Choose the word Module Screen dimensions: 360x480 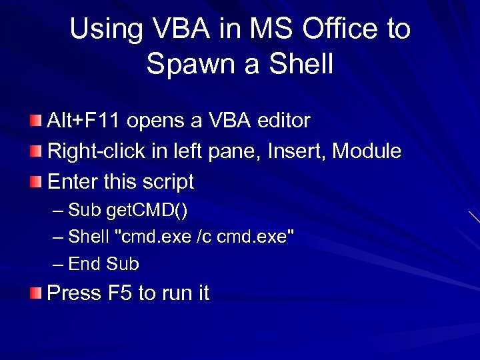367,151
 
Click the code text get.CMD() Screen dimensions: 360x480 147,211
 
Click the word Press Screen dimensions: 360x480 73,293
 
